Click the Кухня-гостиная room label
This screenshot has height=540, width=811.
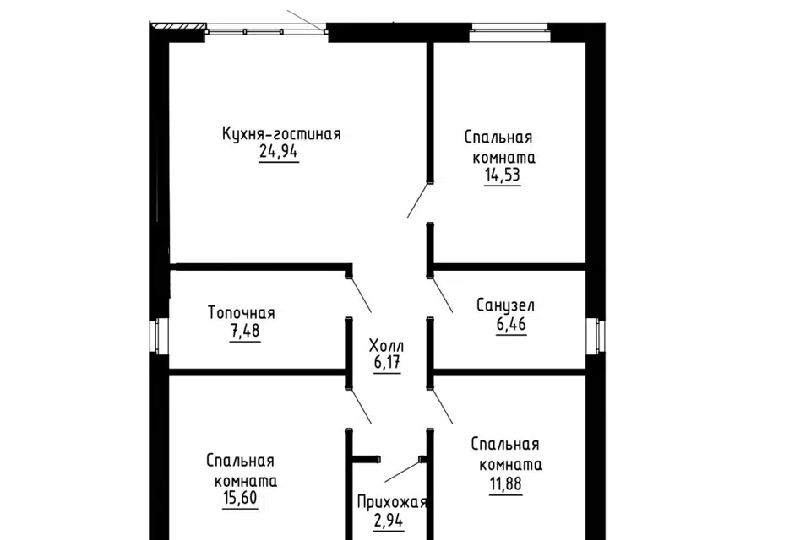(x=281, y=134)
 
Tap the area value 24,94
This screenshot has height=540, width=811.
(x=279, y=153)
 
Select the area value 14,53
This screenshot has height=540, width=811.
(x=502, y=175)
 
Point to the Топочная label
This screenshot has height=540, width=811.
(x=242, y=313)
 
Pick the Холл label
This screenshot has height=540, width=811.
(x=387, y=346)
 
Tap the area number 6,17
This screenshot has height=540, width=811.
(x=386, y=364)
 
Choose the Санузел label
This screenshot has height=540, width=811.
(x=505, y=305)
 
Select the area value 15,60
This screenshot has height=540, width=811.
(x=241, y=499)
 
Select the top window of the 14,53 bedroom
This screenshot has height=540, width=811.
(x=509, y=33)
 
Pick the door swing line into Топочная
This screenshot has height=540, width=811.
(x=360, y=294)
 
